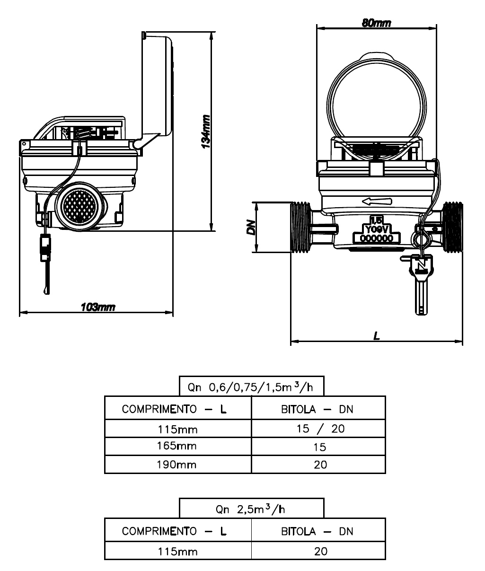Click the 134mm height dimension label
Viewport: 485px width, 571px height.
point(206,132)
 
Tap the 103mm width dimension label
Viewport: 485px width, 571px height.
point(98,307)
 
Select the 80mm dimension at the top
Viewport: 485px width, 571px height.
point(376,23)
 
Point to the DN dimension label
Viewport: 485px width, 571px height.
point(251,227)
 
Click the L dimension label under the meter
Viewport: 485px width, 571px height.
point(376,336)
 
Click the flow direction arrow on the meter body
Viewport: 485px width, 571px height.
point(377,202)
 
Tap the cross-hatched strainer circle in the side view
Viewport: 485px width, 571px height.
point(79,206)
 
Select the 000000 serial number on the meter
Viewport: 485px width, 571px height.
point(376,238)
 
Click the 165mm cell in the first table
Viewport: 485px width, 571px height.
point(177,446)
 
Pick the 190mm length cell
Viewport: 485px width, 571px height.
point(177,465)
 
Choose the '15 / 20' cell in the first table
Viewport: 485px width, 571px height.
point(320,429)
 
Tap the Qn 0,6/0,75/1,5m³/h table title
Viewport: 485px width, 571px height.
point(250,387)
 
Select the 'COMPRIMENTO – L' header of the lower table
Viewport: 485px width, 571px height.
point(174,531)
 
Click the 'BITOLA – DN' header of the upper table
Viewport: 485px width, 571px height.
point(317,409)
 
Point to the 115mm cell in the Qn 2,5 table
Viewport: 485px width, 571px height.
point(178,552)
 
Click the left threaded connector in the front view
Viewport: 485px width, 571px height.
point(300,227)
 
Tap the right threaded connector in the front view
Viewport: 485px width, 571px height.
point(453,227)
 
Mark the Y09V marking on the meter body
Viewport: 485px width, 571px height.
point(376,229)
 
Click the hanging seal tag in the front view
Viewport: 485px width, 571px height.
point(422,284)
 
